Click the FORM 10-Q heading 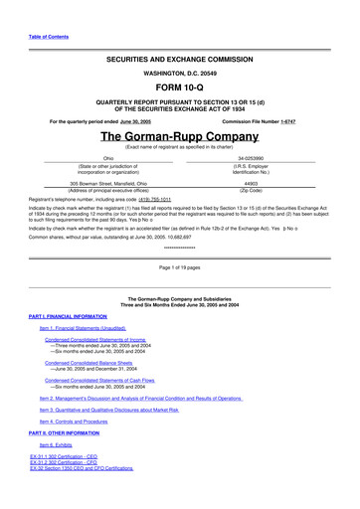pyautogui.click(x=179, y=89)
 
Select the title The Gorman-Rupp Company pyautogui.click(x=179, y=136)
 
